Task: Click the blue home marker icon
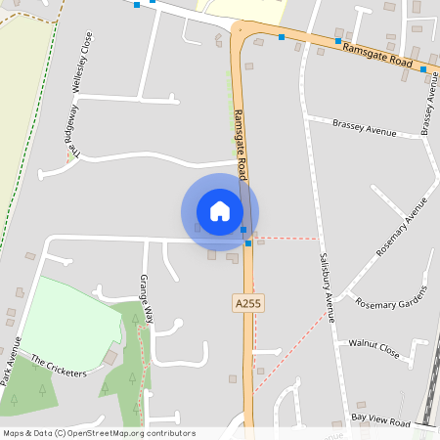click(220, 211)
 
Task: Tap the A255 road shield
click(248, 304)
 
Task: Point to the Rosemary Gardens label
click(392, 296)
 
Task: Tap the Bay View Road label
click(381, 419)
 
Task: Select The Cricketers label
click(59, 368)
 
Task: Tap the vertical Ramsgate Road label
click(240, 137)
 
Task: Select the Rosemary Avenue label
click(402, 227)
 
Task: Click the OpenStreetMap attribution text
click(98, 433)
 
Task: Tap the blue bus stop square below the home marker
click(248, 242)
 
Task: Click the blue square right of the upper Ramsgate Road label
click(423, 69)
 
